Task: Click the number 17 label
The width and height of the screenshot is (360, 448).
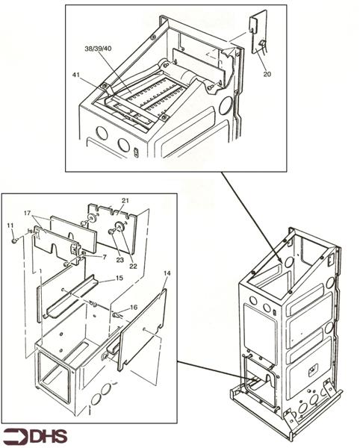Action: coord(28,214)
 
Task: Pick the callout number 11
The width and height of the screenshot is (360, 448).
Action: coord(10,225)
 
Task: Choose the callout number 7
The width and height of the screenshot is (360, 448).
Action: coord(105,257)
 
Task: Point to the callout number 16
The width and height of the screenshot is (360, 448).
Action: coord(134,307)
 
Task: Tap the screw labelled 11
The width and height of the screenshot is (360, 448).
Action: coord(14,240)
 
